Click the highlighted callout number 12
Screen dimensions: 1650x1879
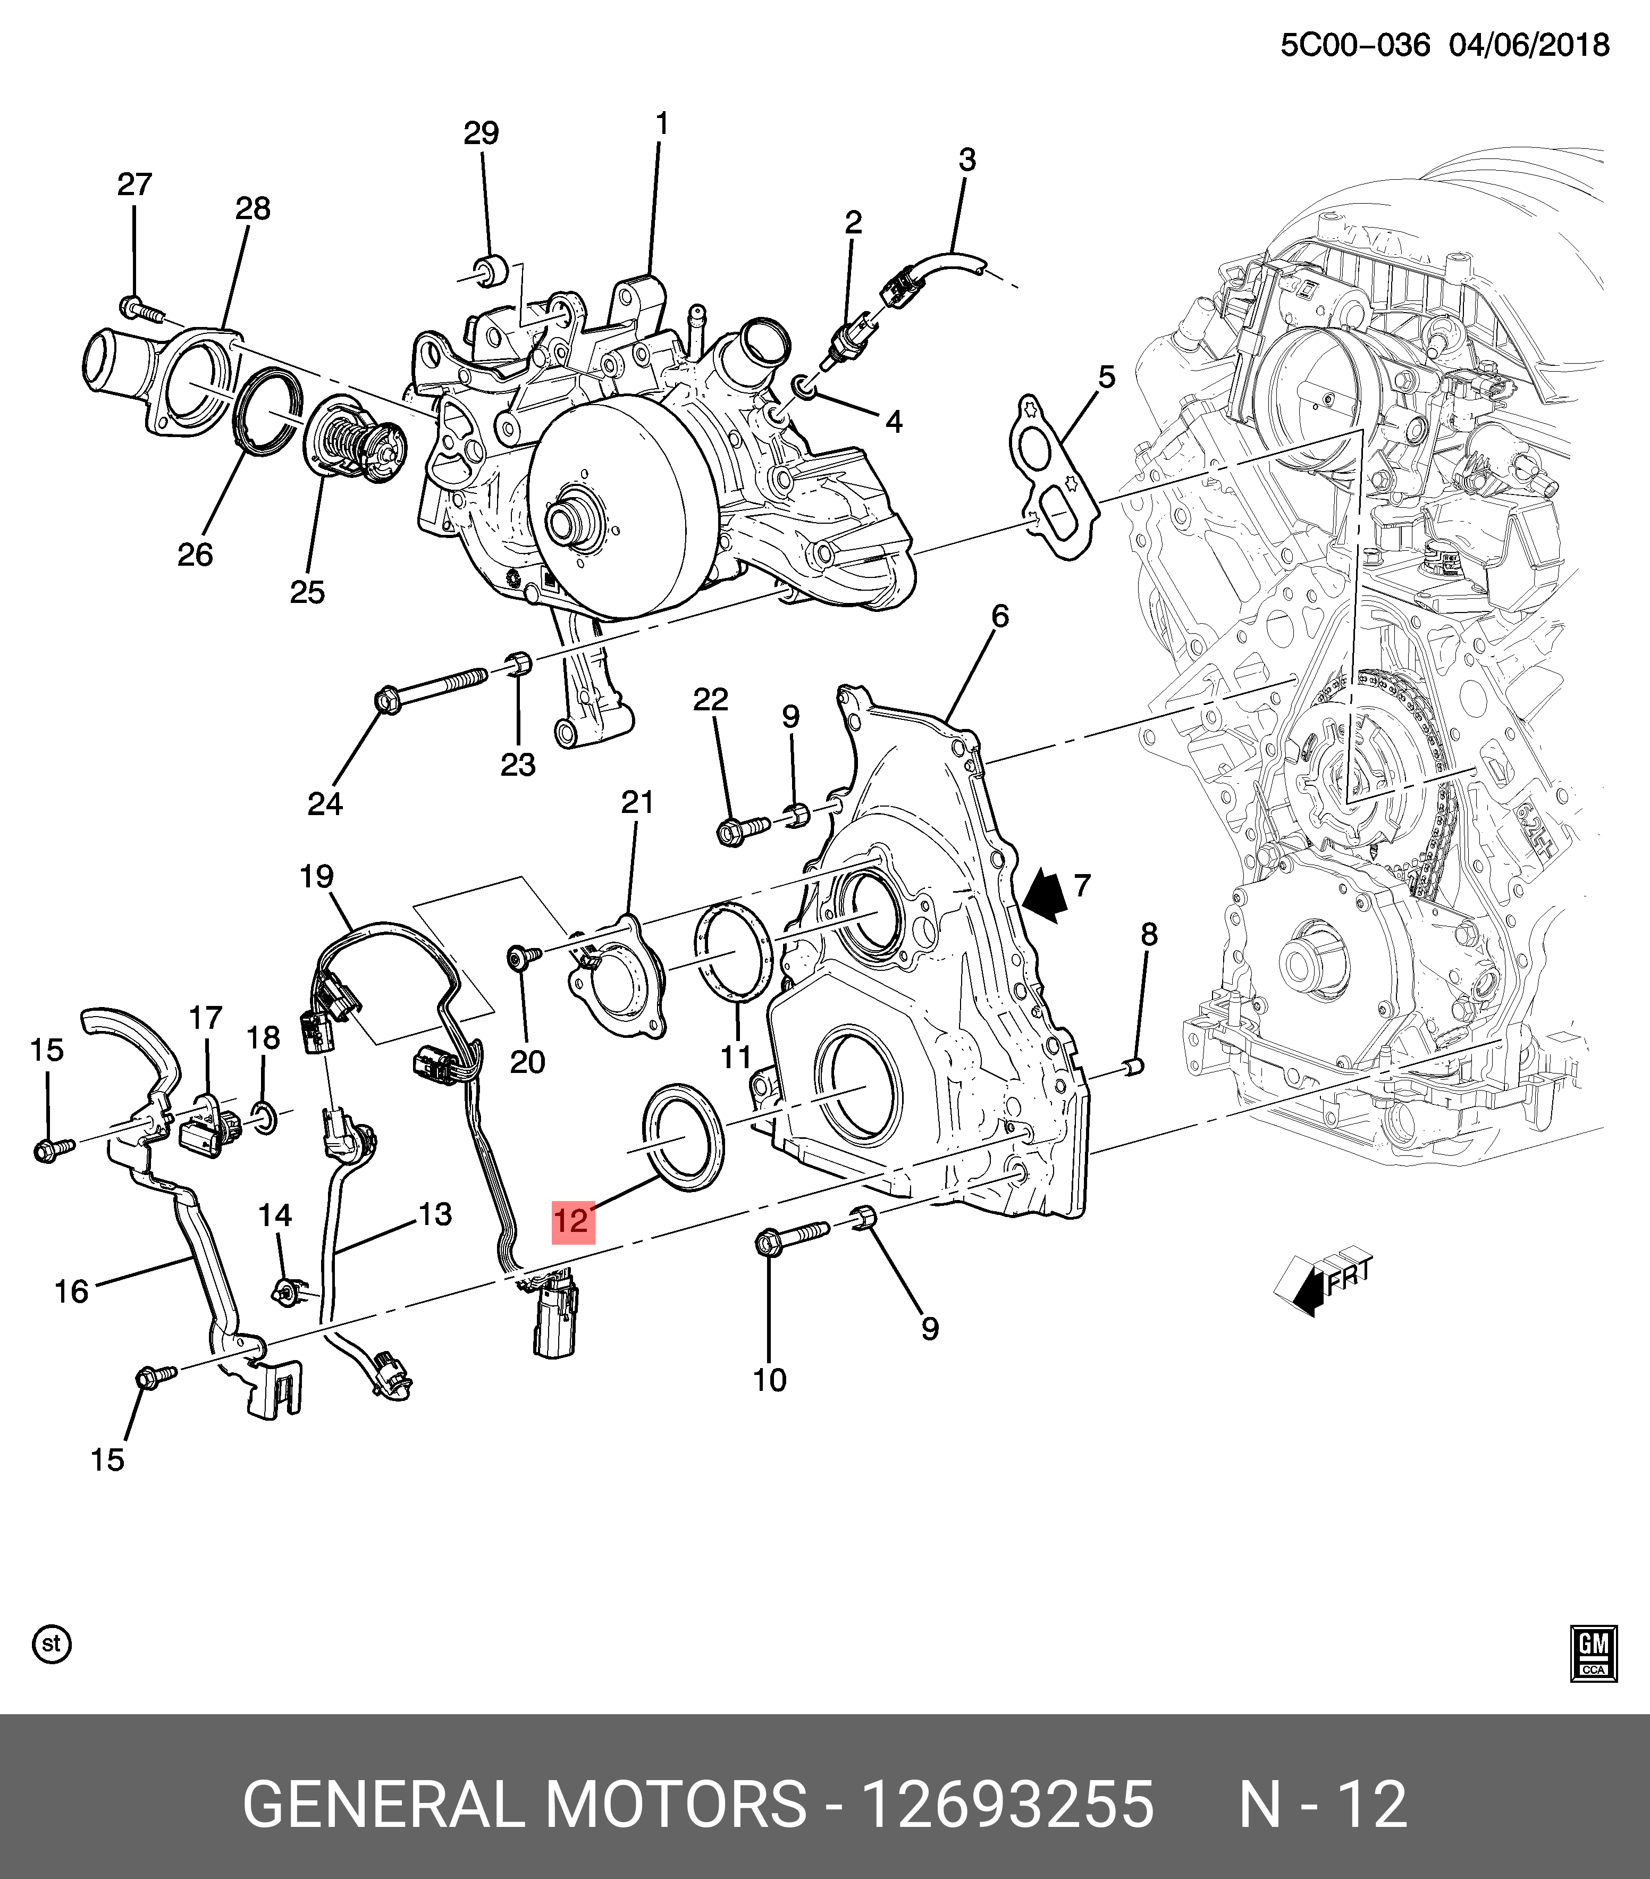click(573, 1221)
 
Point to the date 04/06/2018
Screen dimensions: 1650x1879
click(1529, 45)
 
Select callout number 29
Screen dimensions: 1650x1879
click(481, 134)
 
